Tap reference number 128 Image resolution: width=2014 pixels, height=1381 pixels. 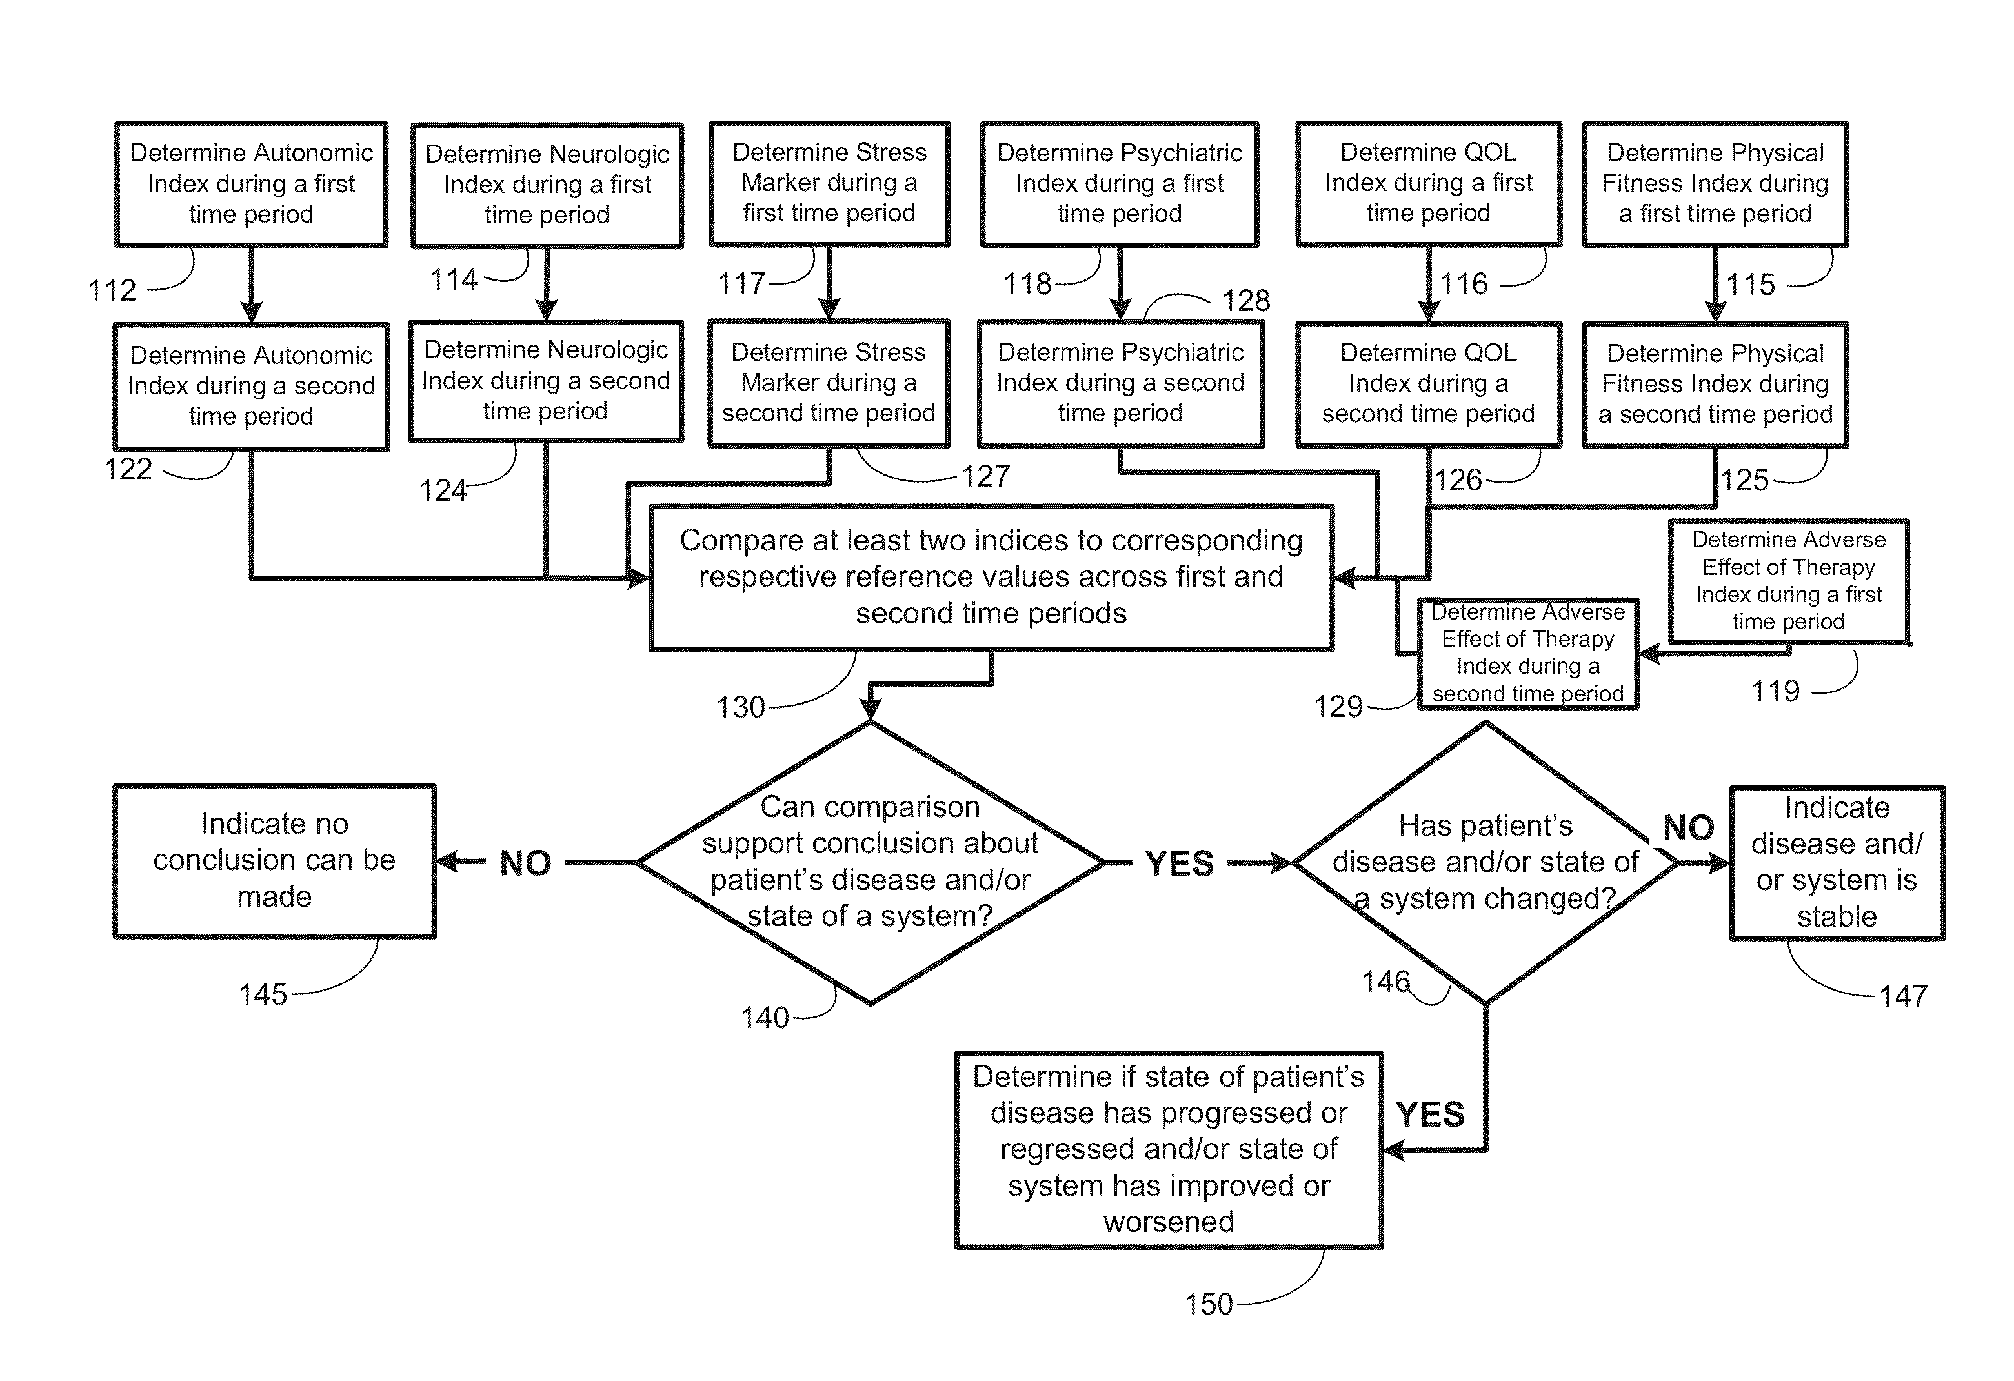coord(1245,301)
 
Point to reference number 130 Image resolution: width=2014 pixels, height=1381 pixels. coord(740,707)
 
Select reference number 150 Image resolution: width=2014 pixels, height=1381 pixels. coord(1208,1304)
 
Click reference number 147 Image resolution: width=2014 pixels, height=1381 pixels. coord(1903,996)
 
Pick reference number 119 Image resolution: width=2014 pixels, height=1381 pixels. coord(1775,690)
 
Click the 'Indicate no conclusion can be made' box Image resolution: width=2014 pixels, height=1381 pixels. coord(274,860)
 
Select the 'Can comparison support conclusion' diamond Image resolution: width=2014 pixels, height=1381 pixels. coord(870,862)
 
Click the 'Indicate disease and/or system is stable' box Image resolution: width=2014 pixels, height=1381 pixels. coord(1837,862)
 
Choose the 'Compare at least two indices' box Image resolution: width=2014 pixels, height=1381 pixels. coord(991,577)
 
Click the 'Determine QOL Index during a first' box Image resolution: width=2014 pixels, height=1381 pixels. coord(1428,183)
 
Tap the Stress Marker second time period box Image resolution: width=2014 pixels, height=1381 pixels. coord(829,383)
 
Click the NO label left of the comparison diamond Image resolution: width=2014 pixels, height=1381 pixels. coord(525,863)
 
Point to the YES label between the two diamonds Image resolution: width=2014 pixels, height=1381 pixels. coord(1178,863)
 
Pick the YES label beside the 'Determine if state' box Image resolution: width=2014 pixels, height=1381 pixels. coord(1430,1114)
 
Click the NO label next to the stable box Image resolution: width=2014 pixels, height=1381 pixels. coord(1688,827)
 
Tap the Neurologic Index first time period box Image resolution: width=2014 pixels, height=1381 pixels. coord(547,185)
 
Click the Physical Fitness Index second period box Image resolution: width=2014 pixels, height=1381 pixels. coord(1715,384)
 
